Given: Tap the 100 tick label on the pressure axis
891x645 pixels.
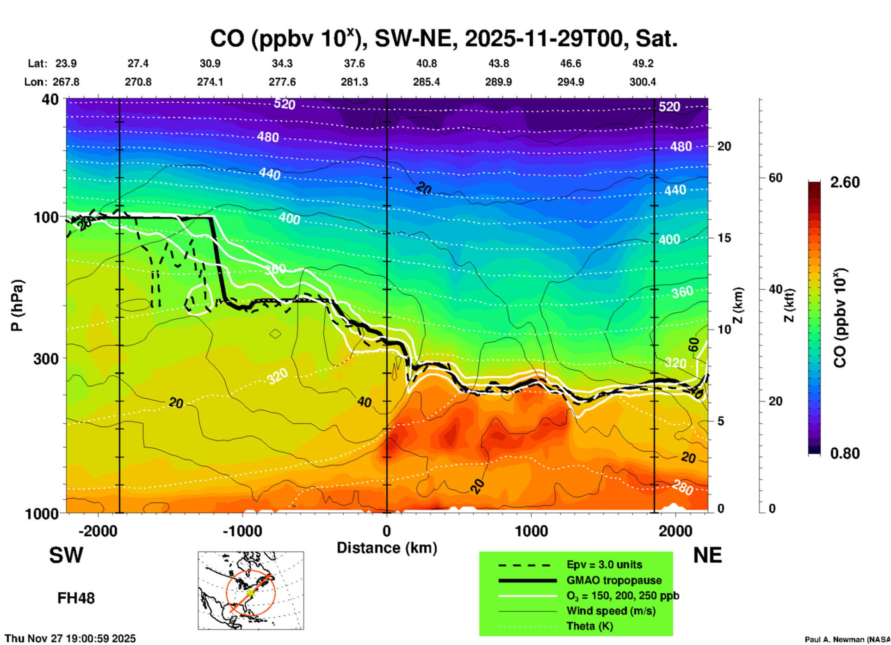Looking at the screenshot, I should coord(46,217).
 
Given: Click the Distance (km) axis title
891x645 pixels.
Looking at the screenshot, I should coord(387,548).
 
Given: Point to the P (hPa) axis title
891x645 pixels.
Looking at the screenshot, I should coord(17,305).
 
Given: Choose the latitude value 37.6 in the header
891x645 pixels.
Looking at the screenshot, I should coord(354,63).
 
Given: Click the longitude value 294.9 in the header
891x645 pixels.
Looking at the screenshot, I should coord(570,82).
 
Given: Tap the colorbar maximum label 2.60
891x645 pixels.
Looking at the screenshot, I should coord(845,182).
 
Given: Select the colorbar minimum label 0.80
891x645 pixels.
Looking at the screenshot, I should coord(845,453).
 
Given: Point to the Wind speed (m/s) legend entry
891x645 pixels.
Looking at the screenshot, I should coord(611,611).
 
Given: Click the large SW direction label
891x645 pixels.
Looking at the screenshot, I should coord(66,555).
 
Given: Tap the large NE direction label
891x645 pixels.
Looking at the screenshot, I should coord(707,555).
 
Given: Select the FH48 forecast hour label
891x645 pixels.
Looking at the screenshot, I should coord(76,598).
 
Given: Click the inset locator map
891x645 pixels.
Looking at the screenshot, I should coord(251,590).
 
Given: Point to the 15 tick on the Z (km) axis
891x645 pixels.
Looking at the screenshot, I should coord(724,238).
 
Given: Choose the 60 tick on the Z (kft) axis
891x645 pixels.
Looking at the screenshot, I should coord(776,178).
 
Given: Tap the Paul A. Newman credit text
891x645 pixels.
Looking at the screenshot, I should coord(848,639).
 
